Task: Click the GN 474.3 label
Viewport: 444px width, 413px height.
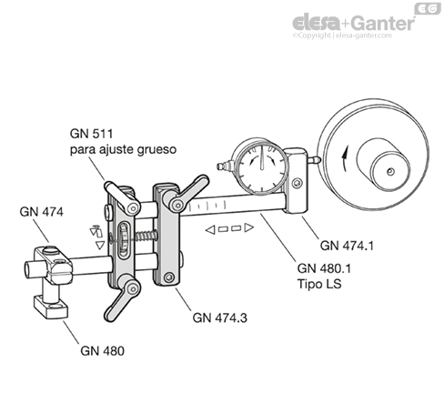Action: pyautogui.click(x=219, y=317)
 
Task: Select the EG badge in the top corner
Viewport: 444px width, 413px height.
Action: pyautogui.click(x=427, y=8)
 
